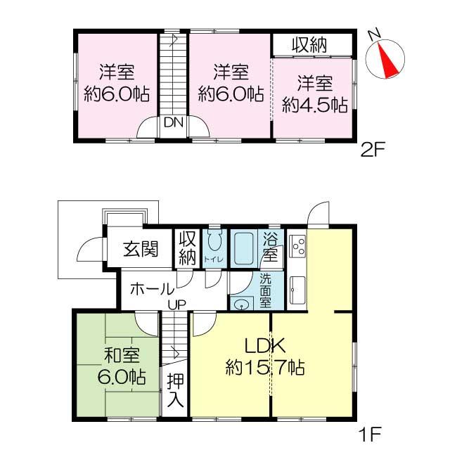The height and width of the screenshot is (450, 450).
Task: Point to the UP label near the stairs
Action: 177,303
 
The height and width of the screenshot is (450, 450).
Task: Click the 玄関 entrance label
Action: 141,249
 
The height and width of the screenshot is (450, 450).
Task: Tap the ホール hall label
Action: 152,288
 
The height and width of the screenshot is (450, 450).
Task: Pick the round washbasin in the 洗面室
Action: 243,304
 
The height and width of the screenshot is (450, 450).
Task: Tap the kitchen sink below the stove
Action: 297,288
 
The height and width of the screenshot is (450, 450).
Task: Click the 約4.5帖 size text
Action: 314,105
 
